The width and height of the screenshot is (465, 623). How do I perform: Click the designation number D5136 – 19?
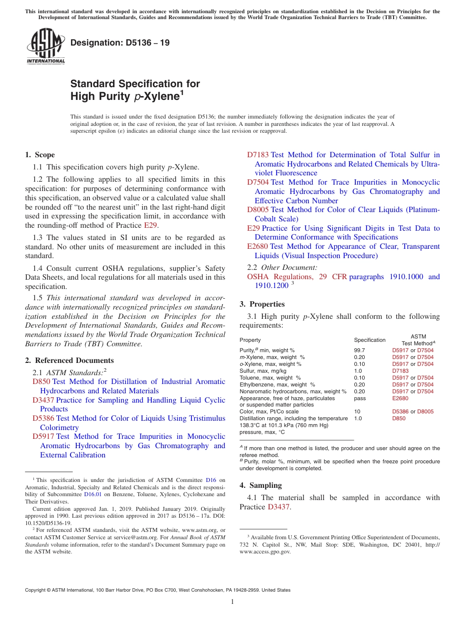pyautogui.click(x=120, y=43)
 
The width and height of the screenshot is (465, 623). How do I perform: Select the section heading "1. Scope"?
pyautogui.click(x=40, y=155)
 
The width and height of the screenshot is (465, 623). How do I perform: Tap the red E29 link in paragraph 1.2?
pyautogui.click(x=150, y=225)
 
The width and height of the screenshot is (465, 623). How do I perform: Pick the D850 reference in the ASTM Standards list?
pyautogui.click(x=42, y=382)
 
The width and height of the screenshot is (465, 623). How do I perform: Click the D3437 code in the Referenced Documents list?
pyautogui.click(x=43, y=400)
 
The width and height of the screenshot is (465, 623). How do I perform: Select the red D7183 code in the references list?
pyautogui.click(x=257, y=155)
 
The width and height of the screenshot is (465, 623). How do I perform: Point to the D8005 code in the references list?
pyautogui.click(x=257, y=210)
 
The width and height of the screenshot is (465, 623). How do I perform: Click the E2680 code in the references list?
pyautogui.click(x=257, y=246)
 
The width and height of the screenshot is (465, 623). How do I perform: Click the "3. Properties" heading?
pyautogui.click(x=262, y=304)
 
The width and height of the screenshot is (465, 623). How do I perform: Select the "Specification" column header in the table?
pyautogui.click(x=370, y=340)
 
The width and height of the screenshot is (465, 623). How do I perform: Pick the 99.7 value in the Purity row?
pyautogui.click(x=359, y=351)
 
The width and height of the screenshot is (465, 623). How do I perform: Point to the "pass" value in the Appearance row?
pyautogui.click(x=360, y=399)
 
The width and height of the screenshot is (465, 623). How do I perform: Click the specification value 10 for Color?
pyautogui.click(x=357, y=412)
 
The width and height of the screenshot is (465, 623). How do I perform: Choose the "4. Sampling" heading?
pyautogui.click(x=260, y=485)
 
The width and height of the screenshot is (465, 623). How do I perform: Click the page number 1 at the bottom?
pyautogui.click(x=232, y=602)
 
